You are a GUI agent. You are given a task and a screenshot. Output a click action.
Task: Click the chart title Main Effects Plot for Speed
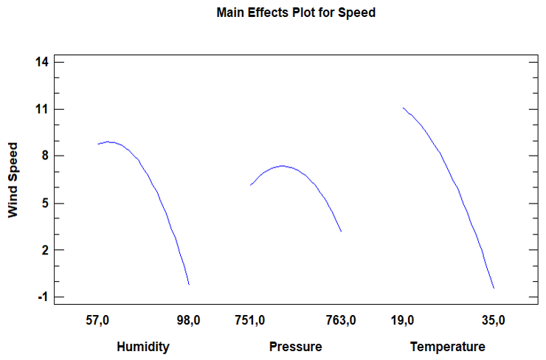point(296,13)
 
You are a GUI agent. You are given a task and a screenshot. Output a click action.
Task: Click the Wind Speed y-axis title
point(13,180)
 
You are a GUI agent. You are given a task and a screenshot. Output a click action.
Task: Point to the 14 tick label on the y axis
point(42,62)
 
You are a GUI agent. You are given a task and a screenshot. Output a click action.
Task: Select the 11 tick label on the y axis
point(42,109)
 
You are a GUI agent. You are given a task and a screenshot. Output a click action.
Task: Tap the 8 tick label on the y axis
point(45,156)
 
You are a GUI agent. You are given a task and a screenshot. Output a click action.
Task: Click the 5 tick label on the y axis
point(45,203)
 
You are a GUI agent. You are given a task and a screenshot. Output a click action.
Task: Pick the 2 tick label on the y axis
point(45,250)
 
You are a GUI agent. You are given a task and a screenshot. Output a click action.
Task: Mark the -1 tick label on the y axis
point(43,297)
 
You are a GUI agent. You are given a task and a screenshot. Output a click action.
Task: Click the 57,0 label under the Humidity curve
point(97,320)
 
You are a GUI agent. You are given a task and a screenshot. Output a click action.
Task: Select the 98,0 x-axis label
point(188,320)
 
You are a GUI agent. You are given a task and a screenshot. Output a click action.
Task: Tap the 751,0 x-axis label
point(250,320)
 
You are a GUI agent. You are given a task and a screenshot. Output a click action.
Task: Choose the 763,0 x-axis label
point(341,320)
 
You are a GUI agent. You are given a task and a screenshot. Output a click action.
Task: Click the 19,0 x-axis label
point(403,320)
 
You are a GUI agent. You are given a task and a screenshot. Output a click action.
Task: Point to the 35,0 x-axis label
point(494,320)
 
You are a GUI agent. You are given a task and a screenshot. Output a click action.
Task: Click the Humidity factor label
point(143,347)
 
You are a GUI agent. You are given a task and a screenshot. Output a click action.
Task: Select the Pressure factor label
point(296,347)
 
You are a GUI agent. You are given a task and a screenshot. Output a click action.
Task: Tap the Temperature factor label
point(448,347)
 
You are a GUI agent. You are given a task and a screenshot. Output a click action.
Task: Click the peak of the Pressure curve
point(282,166)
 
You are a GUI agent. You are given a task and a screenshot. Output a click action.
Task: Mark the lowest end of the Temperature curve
point(494,288)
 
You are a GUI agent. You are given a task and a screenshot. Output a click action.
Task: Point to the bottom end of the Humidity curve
point(189,285)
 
